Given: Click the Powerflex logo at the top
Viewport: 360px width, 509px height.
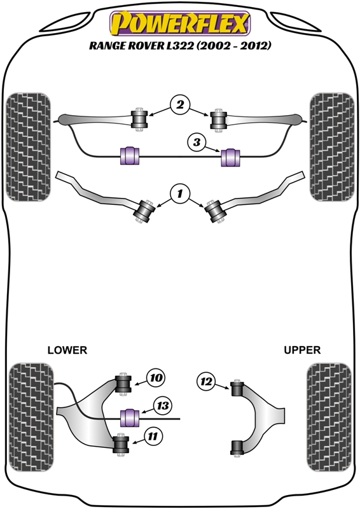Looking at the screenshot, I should click(180, 24).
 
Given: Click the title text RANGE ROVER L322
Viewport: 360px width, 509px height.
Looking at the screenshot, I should click(180, 46).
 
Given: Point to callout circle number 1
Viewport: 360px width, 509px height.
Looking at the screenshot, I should click(180, 192).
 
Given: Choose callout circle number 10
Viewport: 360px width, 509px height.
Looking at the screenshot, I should click(156, 378).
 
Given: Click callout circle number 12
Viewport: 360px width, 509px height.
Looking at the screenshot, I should click(205, 381).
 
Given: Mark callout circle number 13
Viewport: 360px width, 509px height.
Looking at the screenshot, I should click(163, 405).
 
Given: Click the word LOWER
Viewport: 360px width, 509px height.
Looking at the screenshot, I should click(67, 350).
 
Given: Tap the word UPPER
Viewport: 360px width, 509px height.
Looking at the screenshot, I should click(302, 350).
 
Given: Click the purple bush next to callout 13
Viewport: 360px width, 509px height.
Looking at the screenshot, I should click(130, 417).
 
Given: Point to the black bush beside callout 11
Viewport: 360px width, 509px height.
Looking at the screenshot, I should click(121, 443).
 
